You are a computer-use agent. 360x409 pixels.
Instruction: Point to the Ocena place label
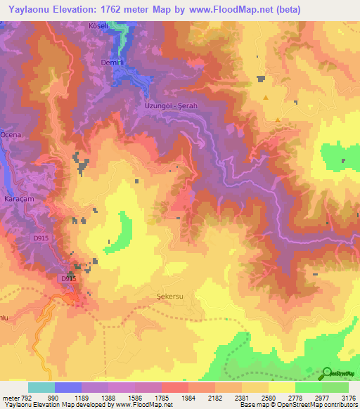(11, 134)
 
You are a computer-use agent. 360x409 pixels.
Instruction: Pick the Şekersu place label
(169, 297)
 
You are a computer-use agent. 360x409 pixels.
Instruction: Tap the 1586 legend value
(135, 398)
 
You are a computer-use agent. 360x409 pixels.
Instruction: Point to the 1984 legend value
(188, 398)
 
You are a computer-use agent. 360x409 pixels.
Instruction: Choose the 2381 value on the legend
(242, 398)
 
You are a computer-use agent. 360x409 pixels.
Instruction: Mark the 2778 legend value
(295, 398)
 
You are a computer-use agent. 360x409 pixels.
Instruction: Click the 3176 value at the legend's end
(348, 398)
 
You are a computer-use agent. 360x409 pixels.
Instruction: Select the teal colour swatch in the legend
(41, 387)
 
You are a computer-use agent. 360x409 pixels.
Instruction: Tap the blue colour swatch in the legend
(68, 387)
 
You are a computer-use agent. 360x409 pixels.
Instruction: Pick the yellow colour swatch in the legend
(281, 387)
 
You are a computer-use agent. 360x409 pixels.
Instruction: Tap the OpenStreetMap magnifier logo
(328, 373)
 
